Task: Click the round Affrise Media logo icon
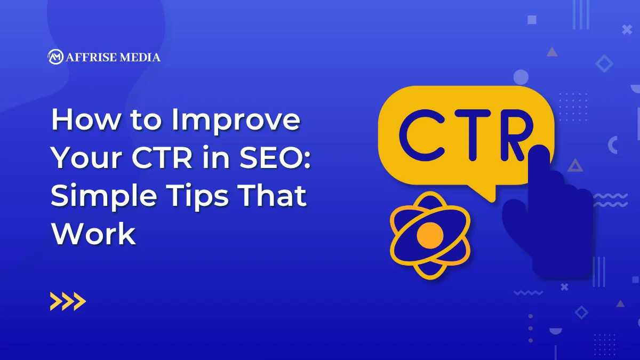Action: (x=55, y=57)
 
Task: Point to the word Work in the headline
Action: (x=94, y=233)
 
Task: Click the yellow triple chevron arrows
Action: (x=68, y=301)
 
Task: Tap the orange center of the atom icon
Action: (x=430, y=235)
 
